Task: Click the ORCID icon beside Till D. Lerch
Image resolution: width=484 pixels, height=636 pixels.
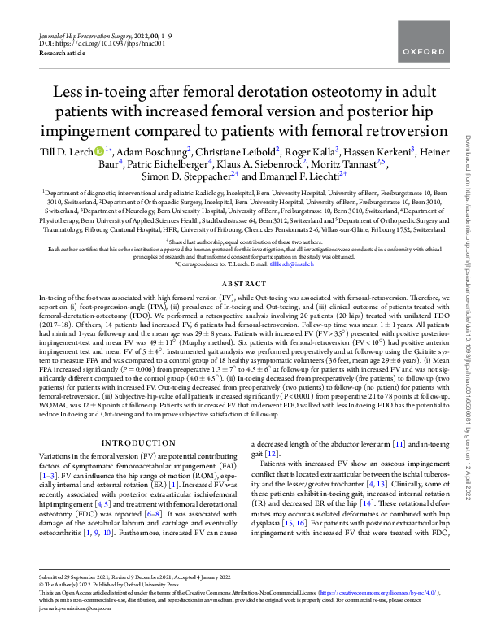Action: [x=98, y=151]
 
